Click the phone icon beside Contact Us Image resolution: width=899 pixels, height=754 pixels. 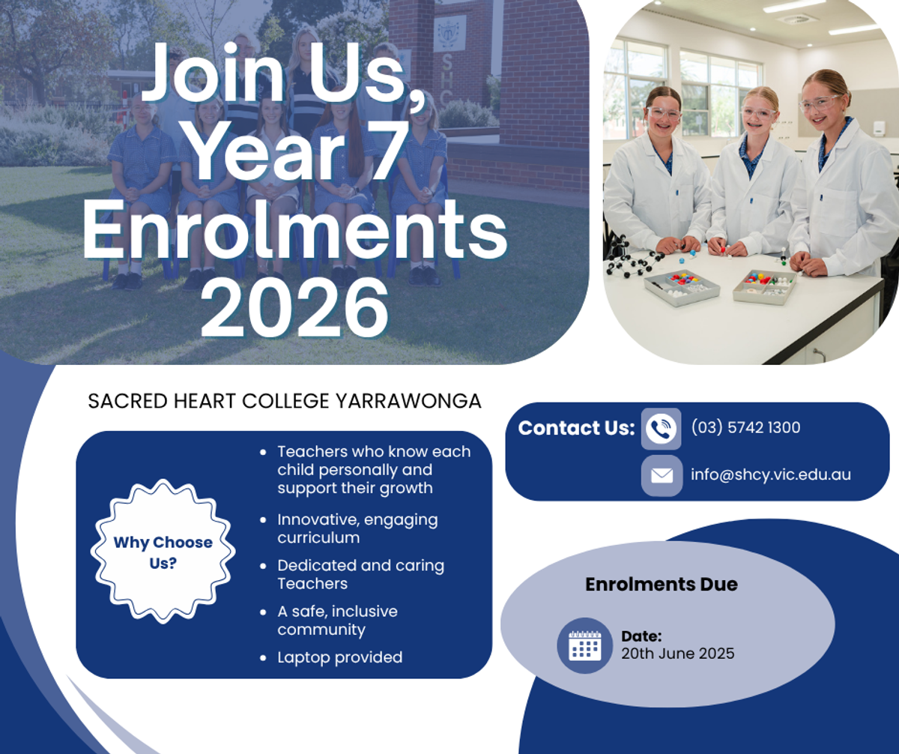click(x=661, y=429)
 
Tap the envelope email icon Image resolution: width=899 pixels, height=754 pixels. click(x=662, y=476)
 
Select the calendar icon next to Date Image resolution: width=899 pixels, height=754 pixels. click(x=584, y=645)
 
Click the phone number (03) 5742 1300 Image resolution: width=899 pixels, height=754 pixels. click(x=745, y=427)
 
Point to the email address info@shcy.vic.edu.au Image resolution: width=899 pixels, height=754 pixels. click(x=771, y=474)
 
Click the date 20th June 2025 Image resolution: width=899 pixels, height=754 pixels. click(x=678, y=654)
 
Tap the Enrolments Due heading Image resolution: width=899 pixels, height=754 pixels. click(x=662, y=585)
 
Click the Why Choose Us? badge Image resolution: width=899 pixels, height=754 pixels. click(x=163, y=552)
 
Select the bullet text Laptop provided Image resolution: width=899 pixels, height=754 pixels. click(x=339, y=657)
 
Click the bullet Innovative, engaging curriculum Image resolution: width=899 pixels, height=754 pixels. click(x=357, y=528)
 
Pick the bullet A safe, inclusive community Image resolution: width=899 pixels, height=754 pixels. click(x=338, y=621)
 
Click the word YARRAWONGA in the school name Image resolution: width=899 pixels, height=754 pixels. click(x=408, y=401)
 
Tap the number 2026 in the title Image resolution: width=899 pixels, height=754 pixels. click(x=294, y=307)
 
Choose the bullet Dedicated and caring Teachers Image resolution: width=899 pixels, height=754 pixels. click(x=361, y=574)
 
